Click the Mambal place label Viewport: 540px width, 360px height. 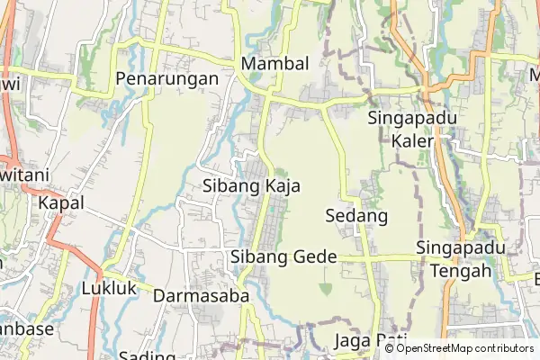pyautogui.click(x=274, y=64)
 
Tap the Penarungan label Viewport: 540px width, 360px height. pyautogui.click(x=167, y=79)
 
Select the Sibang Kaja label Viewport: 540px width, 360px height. pyautogui.click(x=251, y=186)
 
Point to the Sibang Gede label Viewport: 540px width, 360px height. pyautogui.click(x=283, y=257)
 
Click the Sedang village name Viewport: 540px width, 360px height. pyautogui.click(x=355, y=217)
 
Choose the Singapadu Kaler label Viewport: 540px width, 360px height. pyautogui.click(x=413, y=130)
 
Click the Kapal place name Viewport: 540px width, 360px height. pyautogui.click(x=61, y=203)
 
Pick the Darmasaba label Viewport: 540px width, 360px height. pyautogui.click(x=201, y=296)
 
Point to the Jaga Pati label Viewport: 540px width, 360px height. pyautogui.click(x=370, y=341)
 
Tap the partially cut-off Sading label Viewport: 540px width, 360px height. pyautogui.click(x=147, y=355)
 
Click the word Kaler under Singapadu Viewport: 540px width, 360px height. pyautogui.click(x=413, y=141)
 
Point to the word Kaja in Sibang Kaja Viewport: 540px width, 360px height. pyautogui.click(x=282, y=186)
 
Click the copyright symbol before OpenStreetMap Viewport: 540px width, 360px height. pyautogui.click(x=389, y=348)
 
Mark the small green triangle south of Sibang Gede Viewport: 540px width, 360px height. pyautogui.click(x=325, y=288)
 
